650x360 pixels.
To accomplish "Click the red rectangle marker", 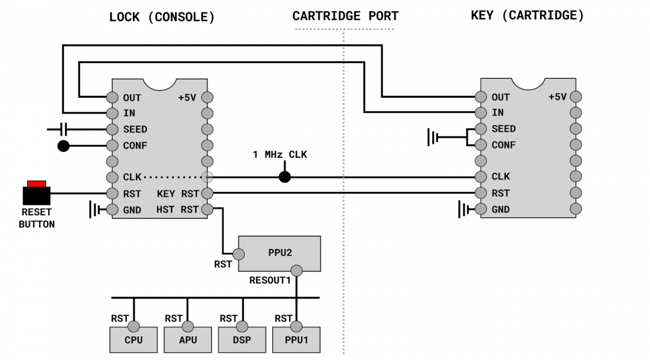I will click(37, 184).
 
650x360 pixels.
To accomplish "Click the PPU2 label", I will click(280, 252).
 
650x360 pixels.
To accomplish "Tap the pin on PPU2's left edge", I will click(239, 254).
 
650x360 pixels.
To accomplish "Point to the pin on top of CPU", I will click(133, 327).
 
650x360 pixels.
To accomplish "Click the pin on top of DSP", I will click(242, 327).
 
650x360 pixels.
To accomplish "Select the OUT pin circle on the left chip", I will click(112, 97).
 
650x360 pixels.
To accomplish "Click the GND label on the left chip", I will click(132, 210).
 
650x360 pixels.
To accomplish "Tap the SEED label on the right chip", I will click(503, 129).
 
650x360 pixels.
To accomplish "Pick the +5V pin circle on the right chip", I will click(576, 97).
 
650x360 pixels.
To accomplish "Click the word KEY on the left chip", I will click(166, 194).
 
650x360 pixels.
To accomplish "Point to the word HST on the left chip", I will click(165, 210).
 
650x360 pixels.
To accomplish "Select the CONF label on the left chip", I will click(135, 145).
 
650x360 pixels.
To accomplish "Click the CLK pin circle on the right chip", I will click(481, 177).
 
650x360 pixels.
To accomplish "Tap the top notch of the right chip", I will click(528, 84).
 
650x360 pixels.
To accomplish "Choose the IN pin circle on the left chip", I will click(112, 113).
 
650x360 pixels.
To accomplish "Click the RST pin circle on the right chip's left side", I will click(481, 193).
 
